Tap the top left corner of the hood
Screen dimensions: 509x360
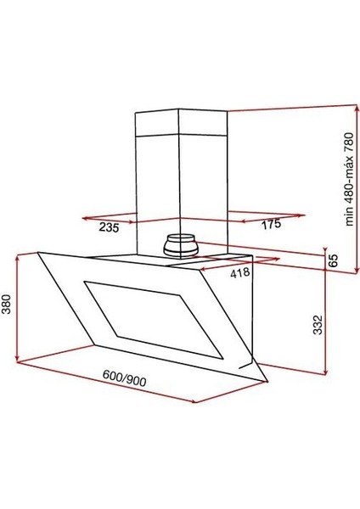point(39,251)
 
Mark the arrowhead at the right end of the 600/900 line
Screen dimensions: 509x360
point(194,401)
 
